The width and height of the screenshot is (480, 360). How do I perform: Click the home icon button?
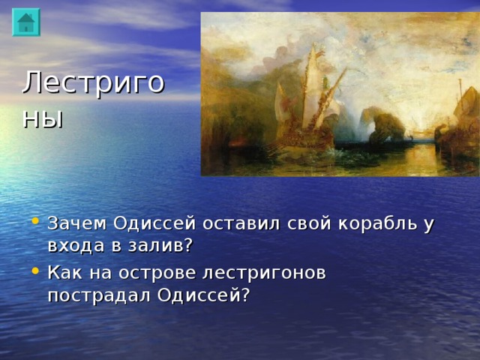[x=26, y=22]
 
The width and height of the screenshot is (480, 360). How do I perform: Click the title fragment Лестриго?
[x=93, y=82]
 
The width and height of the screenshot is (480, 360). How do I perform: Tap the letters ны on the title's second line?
[x=43, y=118]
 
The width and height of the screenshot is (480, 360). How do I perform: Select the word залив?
[x=158, y=246]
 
